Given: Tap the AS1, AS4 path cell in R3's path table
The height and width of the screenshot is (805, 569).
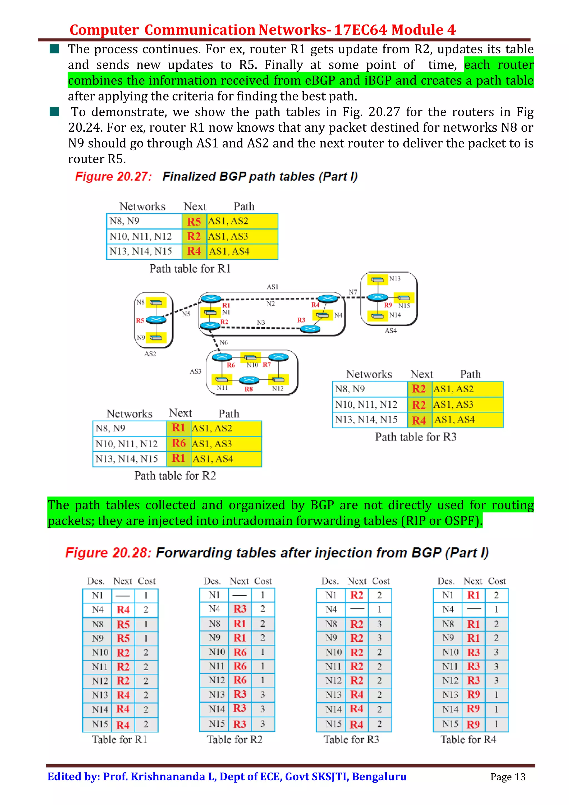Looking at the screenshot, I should pyautogui.click(x=454, y=420).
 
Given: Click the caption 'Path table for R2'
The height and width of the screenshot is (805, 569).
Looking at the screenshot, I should pyautogui.click(x=175, y=476).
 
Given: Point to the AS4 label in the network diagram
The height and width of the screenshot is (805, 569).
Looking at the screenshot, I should pyautogui.click(x=391, y=331).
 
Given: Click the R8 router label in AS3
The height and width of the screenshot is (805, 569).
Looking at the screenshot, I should pyautogui.click(x=249, y=389).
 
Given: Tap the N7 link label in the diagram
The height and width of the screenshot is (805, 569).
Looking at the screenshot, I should pyautogui.click(x=353, y=292).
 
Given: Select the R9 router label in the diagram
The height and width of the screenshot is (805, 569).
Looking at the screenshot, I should pyautogui.click(x=388, y=305).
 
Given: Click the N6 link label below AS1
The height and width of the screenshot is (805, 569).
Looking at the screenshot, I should pyautogui.click(x=224, y=342).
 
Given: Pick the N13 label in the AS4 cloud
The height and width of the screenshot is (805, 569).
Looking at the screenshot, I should pyautogui.click(x=395, y=279).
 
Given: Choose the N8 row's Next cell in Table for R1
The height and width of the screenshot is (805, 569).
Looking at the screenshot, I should pyautogui.click(x=123, y=624).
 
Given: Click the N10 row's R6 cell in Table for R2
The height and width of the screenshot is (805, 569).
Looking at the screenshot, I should pyautogui.click(x=240, y=652).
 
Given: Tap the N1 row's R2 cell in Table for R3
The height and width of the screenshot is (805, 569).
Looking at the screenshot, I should pyautogui.click(x=356, y=595).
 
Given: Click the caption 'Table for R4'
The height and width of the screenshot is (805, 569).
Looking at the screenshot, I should pyautogui.click(x=468, y=739).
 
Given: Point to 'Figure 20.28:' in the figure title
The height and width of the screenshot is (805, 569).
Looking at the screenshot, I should pyautogui.click(x=108, y=552).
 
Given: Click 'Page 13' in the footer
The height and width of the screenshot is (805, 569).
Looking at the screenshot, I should pyautogui.click(x=508, y=777).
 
